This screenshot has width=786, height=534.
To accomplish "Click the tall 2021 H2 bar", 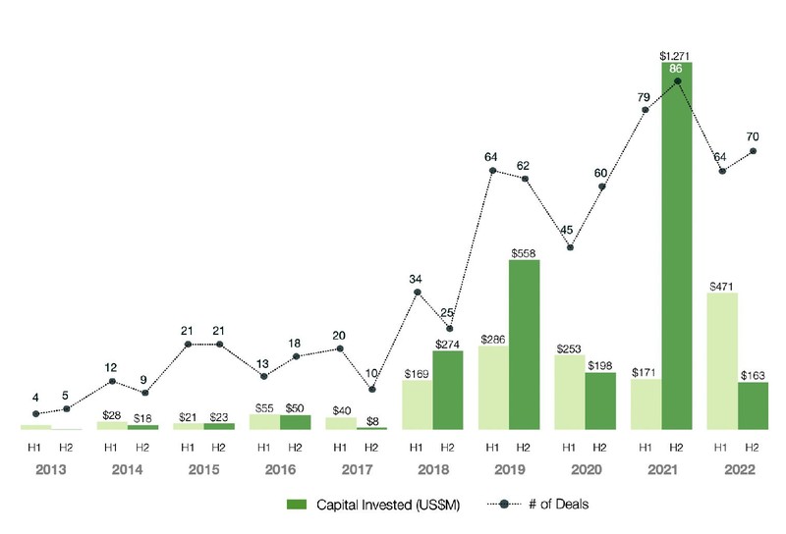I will [x=677, y=245].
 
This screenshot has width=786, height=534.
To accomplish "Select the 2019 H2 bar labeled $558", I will [x=525, y=344].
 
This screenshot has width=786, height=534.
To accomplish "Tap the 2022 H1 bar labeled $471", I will [x=722, y=360].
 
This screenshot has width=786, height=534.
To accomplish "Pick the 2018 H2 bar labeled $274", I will [x=448, y=390].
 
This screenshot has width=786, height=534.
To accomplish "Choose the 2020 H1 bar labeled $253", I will [x=570, y=391].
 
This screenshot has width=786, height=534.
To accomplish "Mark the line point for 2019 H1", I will [x=493, y=172].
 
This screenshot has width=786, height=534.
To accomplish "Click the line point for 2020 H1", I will [x=570, y=246].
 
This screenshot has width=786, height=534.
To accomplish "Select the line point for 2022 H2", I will [x=754, y=151].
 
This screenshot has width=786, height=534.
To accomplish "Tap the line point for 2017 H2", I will [x=371, y=390].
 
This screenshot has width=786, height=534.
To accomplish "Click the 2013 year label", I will [x=51, y=468].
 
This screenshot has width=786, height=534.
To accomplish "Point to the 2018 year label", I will [x=432, y=468].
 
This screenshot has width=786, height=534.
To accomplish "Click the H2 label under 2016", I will [x=295, y=446].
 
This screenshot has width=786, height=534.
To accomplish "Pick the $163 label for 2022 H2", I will [x=754, y=373].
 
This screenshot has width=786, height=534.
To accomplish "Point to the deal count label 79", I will [x=646, y=96].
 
